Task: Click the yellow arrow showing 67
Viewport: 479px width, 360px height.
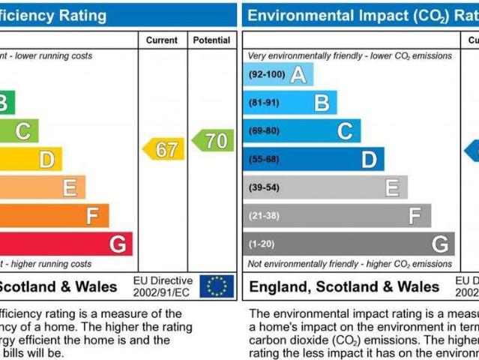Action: tap(164, 149)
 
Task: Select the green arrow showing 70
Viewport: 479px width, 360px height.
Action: tap(214, 140)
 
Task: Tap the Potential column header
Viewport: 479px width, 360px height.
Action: tap(211, 40)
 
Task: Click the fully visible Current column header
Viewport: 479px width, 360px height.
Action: tap(162, 40)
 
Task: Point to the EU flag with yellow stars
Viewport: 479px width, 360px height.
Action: tap(217, 286)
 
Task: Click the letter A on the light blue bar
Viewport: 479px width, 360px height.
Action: tap(298, 75)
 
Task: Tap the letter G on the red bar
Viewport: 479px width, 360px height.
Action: tap(118, 244)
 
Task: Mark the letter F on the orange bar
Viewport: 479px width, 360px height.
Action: tap(93, 216)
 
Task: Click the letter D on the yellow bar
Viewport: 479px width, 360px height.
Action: tap(46, 159)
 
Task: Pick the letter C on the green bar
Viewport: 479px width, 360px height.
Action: tap(23, 131)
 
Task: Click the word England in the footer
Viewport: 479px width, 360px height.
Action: tap(280, 287)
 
